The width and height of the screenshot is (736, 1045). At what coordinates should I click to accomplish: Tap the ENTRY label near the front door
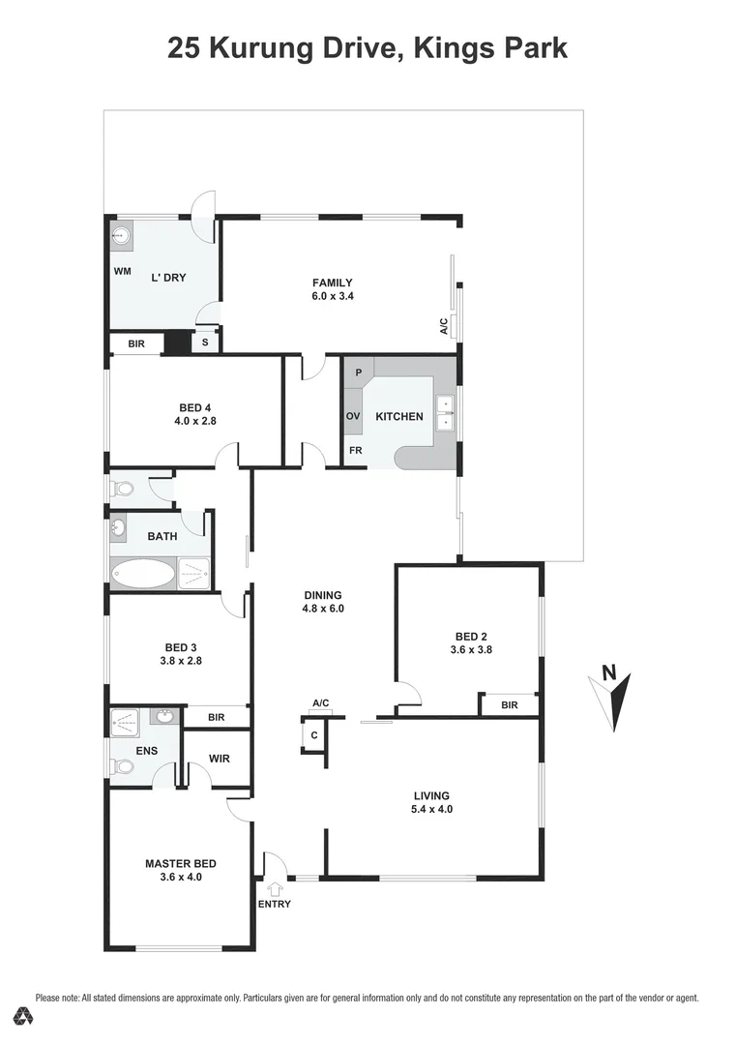point(274,904)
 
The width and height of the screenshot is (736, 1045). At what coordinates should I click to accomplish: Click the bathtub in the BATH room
point(143,574)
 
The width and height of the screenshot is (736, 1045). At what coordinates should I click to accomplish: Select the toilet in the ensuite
point(123,766)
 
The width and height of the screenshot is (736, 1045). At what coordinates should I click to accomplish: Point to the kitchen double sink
point(445,412)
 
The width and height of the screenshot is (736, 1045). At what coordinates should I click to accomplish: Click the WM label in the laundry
point(122,271)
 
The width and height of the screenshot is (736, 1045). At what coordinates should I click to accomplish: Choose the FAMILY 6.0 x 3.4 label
point(332,289)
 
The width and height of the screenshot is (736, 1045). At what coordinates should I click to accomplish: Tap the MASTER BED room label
point(180,863)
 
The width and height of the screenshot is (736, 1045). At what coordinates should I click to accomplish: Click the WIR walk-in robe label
point(219,759)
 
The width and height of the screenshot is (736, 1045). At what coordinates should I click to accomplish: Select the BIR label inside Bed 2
point(509,705)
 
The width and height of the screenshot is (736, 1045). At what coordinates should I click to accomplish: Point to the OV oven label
point(353,416)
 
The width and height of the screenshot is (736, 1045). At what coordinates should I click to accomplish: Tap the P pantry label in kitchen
point(358,373)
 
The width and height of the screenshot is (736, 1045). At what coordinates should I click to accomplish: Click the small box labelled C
point(314,736)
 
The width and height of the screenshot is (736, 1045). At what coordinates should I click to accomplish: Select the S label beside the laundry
point(205,342)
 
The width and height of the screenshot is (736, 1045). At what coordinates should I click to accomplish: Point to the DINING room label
point(322,596)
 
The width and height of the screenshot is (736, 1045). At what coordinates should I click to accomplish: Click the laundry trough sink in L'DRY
point(121,234)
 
